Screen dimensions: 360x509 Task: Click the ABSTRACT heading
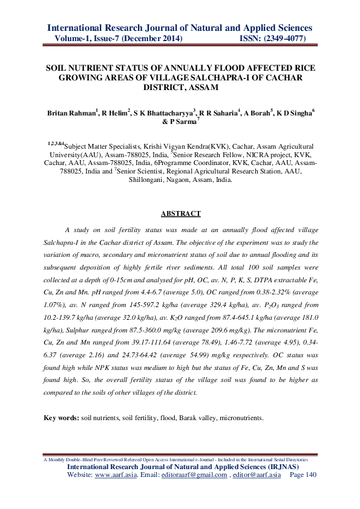(x=180, y=213)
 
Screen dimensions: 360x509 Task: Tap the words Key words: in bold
(x=62, y=418)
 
